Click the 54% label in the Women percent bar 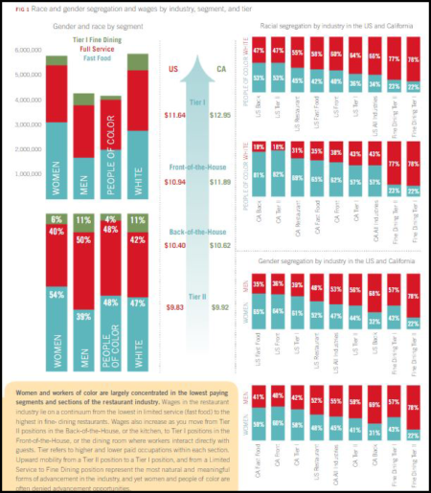57,294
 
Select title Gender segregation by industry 331,259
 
